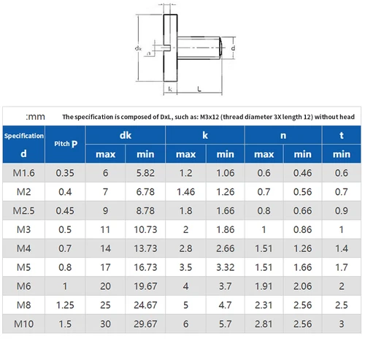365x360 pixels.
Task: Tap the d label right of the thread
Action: [234, 48]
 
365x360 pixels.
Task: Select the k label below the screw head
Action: [169, 88]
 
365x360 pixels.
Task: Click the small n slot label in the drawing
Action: [150, 53]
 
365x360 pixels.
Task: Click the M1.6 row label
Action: [24, 173]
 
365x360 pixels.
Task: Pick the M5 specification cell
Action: [24, 268]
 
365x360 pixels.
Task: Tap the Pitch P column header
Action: [66, 144]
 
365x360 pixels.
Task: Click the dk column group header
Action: [126, 134]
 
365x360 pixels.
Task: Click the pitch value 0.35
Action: [66, 173]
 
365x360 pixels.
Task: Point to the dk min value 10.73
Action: [145, 230]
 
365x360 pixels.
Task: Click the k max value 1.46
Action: [185, 192]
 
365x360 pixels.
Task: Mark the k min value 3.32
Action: [225, 268]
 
